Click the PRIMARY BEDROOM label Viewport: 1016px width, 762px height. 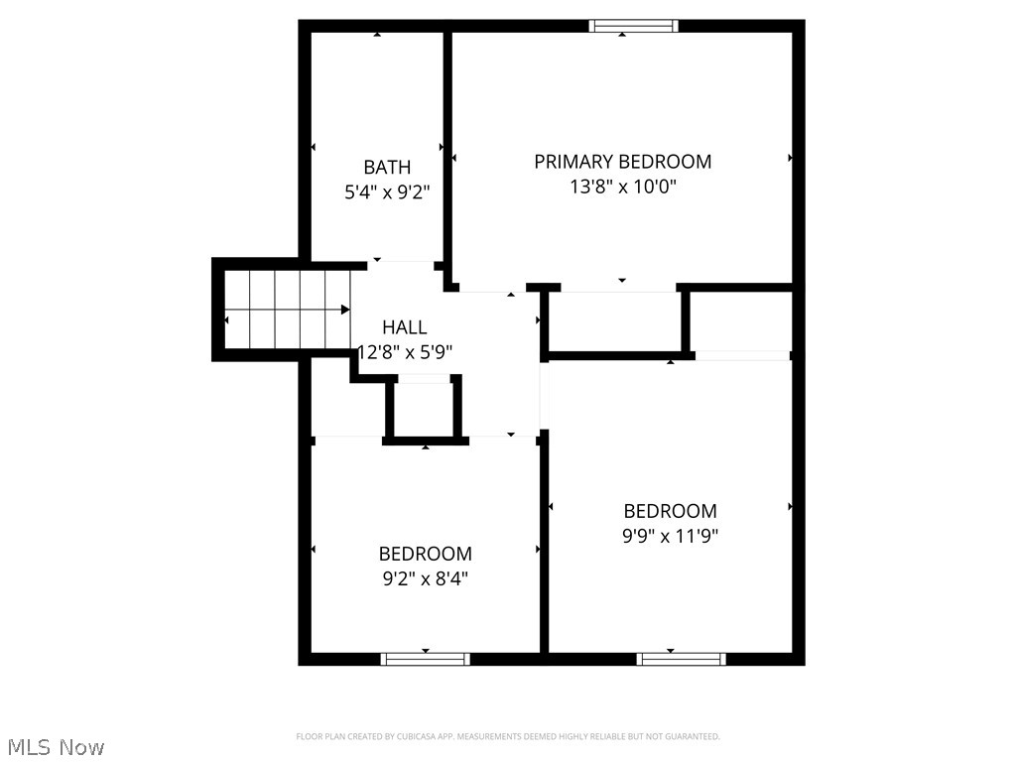(622, 161)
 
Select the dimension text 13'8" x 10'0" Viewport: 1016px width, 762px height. (622, 187)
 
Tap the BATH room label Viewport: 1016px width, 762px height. (387, 167)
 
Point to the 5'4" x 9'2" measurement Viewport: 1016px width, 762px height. (387, 192)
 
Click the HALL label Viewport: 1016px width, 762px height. (405, 326)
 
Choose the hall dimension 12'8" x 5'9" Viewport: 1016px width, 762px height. (405, 351)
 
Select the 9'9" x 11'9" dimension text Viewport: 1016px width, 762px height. (670, 537)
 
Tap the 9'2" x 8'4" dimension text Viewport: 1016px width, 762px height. (426, 578)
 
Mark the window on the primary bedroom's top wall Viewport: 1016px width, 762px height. (634, 26)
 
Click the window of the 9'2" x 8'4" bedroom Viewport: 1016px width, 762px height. (426, 658)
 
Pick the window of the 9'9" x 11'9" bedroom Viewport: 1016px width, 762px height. (682, 658)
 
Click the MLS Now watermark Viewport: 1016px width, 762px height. (56, 746)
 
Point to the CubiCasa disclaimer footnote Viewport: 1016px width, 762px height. (508, 736)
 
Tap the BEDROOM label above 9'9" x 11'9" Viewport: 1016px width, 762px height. (670, 511)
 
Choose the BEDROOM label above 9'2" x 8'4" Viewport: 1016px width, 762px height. (426, 554)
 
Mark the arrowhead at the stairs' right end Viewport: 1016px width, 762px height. (345, 310)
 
